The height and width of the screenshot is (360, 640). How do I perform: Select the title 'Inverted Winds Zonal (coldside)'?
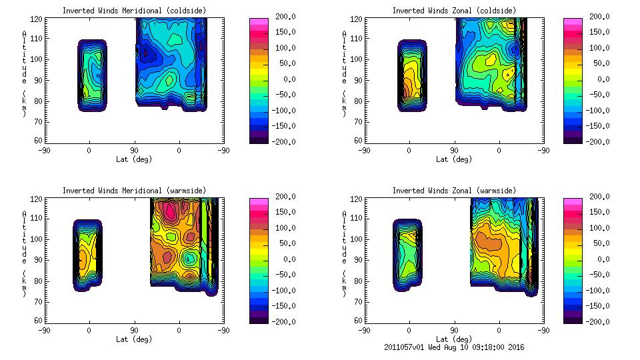(454, 10)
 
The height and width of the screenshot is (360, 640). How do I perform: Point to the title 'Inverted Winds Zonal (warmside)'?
(454, 191)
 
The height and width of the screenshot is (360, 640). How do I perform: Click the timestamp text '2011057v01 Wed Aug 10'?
(441, 347)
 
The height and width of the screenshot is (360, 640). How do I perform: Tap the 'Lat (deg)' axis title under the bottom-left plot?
(134, 339)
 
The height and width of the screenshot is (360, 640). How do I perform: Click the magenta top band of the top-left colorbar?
(259, 22)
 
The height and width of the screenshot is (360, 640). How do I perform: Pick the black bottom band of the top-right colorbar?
(573, 139)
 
